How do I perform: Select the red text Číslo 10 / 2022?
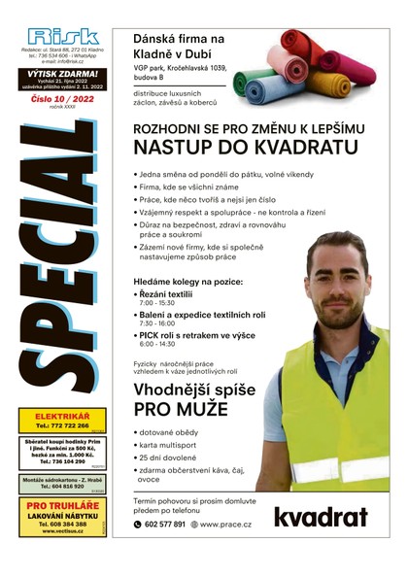(62, 100)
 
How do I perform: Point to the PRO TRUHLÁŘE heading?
(63, 506)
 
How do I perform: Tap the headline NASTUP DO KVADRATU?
(229, 148)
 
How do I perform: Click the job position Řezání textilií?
(171, 294)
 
